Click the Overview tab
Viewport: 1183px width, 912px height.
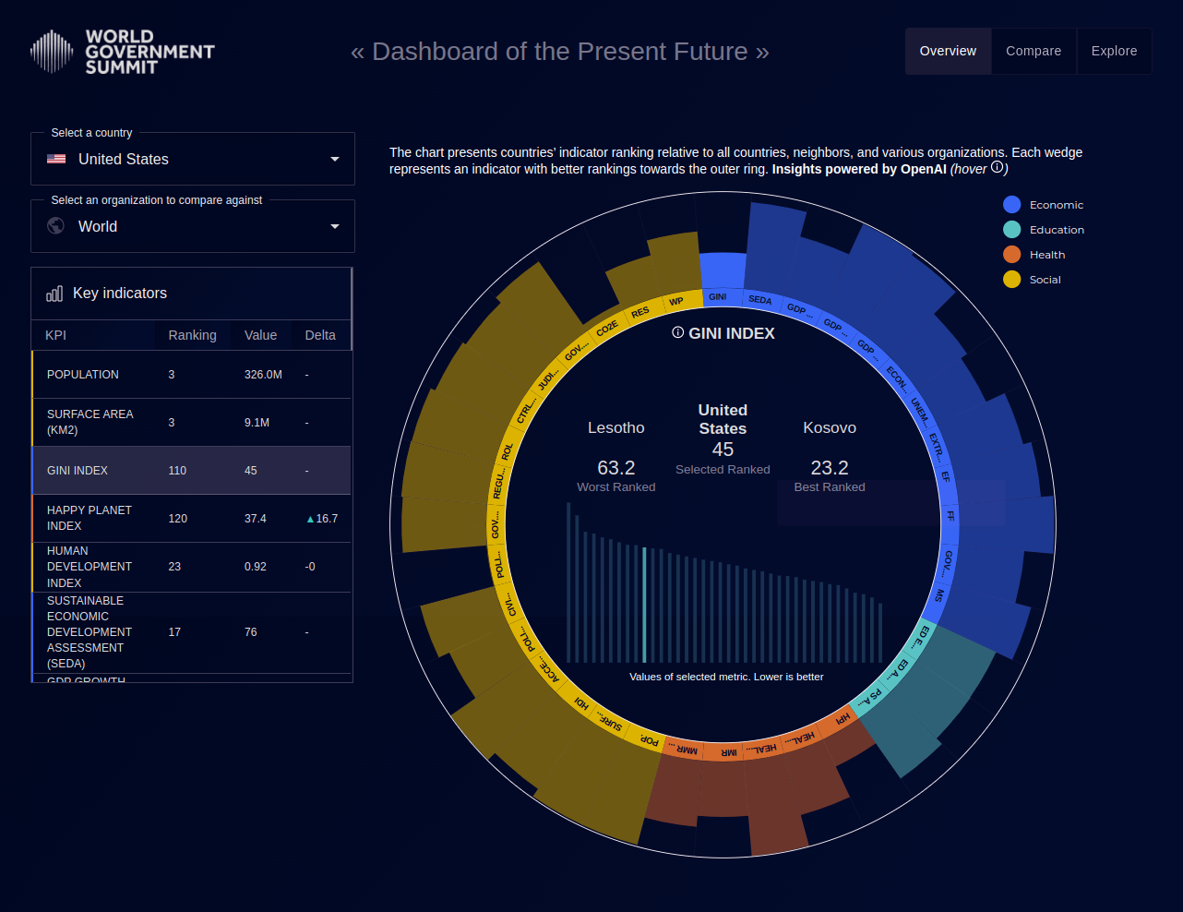click(948, 51)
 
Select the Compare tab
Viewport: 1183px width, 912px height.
click(1034, 51)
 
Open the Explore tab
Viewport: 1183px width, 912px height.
click(1114, 51)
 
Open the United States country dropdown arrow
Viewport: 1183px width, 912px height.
click(335, 159)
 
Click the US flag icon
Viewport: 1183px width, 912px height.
click(56, 159)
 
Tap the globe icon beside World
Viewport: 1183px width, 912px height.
click(56, 226)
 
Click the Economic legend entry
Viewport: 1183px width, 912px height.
click(1056, 205)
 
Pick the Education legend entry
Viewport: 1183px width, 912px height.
click(1057, 230)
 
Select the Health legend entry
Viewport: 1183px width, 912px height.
click(1046, 255)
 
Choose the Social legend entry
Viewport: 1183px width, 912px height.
click(1045, 280)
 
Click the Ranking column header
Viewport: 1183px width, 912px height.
click(192, 335)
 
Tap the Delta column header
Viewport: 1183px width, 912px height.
click(320, 335)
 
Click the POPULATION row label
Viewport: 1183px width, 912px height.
click(83, 375)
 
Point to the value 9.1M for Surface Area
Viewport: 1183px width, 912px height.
click(257, 423)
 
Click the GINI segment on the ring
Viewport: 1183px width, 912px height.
click(718, 296)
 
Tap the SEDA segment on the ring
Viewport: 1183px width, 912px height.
click(759, 300)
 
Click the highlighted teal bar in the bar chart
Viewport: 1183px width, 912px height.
click(644, 605)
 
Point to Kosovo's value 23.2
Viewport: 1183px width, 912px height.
click(830, 468)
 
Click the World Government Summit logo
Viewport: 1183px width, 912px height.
click(122, 52)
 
